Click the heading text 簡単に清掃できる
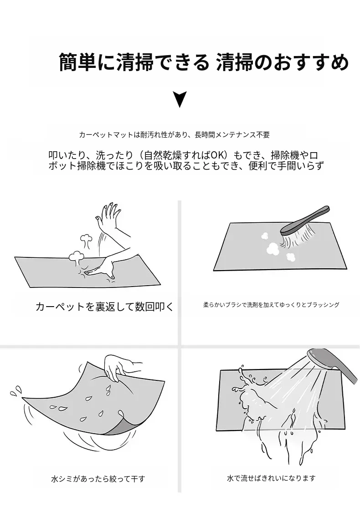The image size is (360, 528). click(x=134, y=62)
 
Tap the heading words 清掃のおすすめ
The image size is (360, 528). click(x=282, y=62)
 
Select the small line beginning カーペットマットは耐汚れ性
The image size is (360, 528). click(x=174, y=135)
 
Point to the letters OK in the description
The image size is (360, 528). click(x=217, y=155)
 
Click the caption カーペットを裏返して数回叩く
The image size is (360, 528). click(x=104, y=307)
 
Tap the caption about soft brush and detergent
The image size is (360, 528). click(x=271, y=305)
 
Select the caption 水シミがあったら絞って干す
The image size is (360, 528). click(x=98, y=478)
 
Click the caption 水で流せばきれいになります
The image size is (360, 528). click(x=271, y=478)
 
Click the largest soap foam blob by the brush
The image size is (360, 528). click(x=273, y=248)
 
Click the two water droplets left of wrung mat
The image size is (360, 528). click(x=15, y=390)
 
